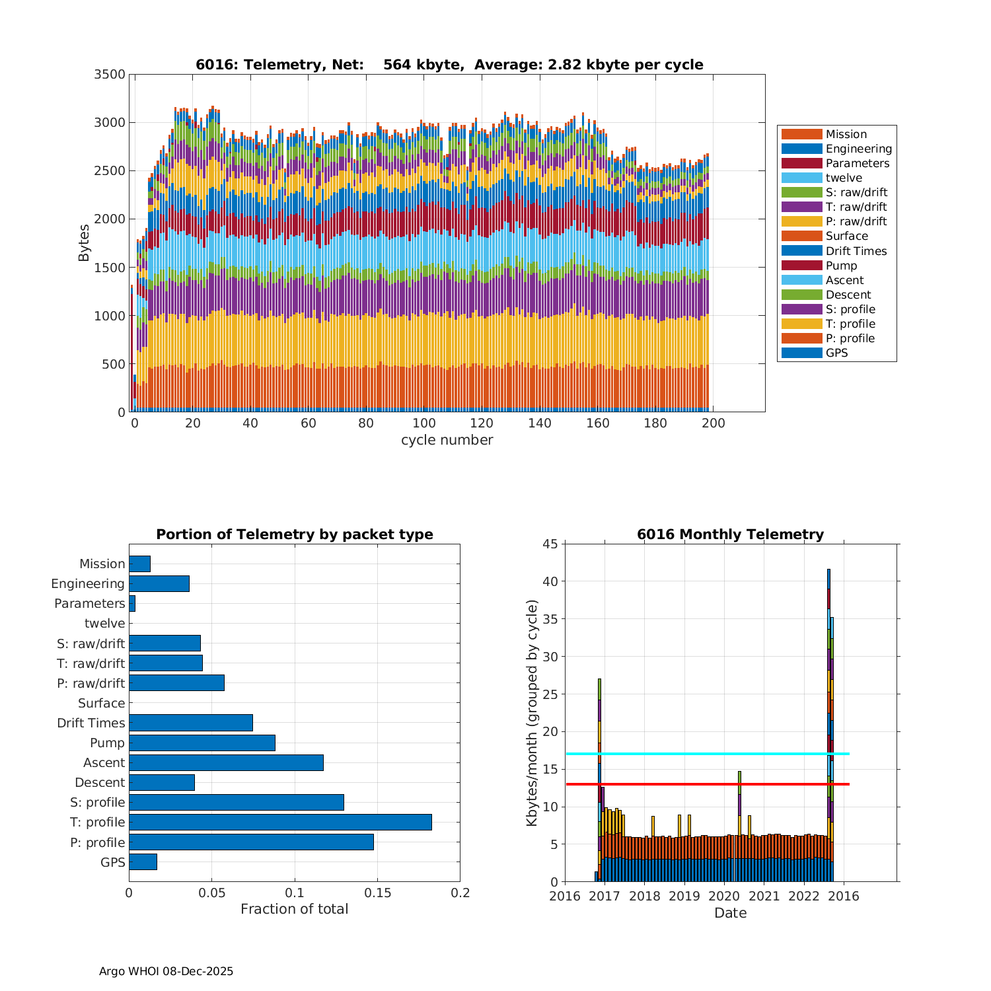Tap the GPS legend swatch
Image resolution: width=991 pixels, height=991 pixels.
[x=801, y=353]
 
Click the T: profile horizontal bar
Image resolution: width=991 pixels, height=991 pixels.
[x=280, y=822]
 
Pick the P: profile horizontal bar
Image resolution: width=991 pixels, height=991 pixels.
[x=251, y=842]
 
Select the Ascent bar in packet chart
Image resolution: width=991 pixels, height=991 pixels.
[x=226, y=762]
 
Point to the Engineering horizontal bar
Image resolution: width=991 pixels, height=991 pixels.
[x=159, y=583]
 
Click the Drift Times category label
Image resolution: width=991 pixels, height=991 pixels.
[x=91, y=723]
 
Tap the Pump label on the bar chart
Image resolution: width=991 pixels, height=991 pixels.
[x=107, y=743]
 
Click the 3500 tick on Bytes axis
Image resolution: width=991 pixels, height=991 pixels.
[x=110, y=74]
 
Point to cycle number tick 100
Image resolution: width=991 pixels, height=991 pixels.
[x=424, y=423]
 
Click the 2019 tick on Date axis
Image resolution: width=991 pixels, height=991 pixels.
[x=684, y=897]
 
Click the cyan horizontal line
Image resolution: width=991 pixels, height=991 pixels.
[x=708, y=754]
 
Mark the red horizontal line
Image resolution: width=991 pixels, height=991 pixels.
[x=708, y=784]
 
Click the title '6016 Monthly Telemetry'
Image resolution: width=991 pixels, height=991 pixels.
[x=730, y=534]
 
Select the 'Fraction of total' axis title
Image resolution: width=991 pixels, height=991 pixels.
[x=294, y=909]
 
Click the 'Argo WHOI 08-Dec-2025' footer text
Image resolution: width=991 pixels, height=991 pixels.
[x=166, y=971]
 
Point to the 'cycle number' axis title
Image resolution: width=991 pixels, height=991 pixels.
[x=447, y=440]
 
